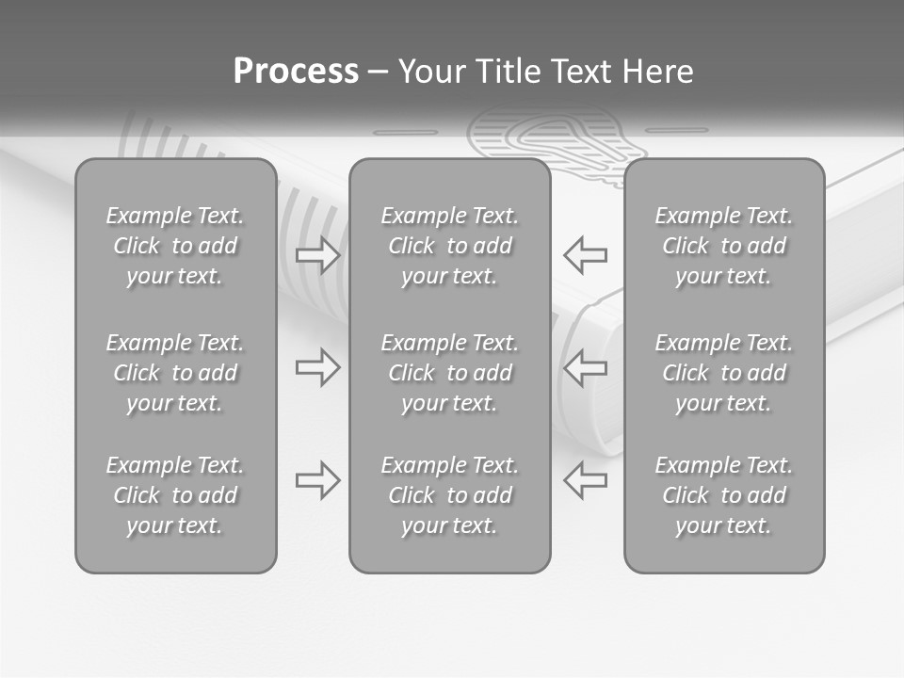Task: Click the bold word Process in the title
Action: click(296, 72)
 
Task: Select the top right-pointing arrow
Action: click(317, 254)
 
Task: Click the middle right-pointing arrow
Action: click(317, 367)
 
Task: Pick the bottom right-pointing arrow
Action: click(317, 480)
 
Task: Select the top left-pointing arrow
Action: click(586, 254)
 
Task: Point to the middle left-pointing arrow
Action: click(586, 367)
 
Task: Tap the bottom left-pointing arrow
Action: click(586, 480)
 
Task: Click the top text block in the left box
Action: click(175, 246)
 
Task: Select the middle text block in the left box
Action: click(175, 373)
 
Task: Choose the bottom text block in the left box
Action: click(175, 495)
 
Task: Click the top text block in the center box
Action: click(449, 246)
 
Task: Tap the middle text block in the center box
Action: click(449, 373)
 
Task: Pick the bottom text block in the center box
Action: click(449, 495)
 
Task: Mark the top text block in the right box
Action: click(724, 246)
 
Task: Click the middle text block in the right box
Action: click(724, 373)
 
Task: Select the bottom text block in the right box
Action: click(724, 495)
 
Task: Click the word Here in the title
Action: click(659, 72)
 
